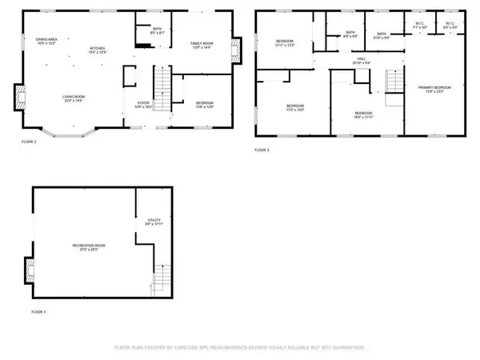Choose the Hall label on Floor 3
click(x=362, y=60)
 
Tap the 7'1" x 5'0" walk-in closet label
click(x=421, y=26)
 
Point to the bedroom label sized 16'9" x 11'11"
click(x=364, y=114)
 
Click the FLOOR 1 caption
click(x=38, y=311)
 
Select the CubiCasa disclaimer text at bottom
click(x=240, y=348)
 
